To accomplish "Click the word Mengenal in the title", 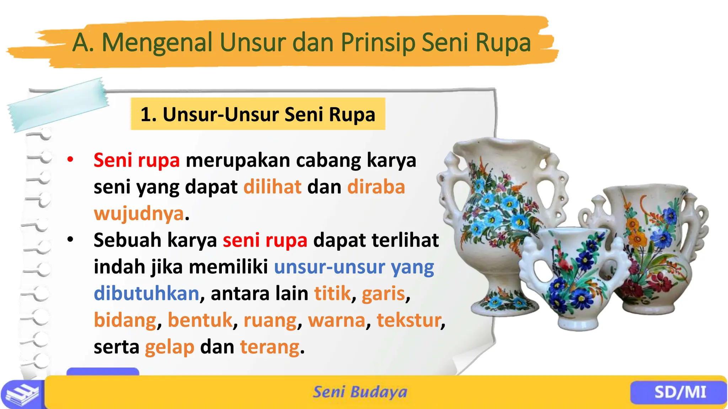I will (157, 43).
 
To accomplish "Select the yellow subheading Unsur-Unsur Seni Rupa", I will (258, 114).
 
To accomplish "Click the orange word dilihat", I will (272, 187).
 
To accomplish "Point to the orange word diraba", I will (376, 187).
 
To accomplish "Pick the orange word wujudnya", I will (139, 213).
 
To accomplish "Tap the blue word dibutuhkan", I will (146, 293).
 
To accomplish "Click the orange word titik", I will (332, 293).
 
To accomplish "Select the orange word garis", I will (383, 293).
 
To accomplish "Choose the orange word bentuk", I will (200, 320).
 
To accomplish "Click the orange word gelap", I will (170, 347).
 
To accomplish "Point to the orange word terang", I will (270, 347).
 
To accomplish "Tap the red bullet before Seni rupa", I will (70, 159).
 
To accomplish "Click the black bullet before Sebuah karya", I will (70, 240).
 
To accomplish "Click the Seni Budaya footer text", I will (360, 392).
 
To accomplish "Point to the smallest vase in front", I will (576, 277).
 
